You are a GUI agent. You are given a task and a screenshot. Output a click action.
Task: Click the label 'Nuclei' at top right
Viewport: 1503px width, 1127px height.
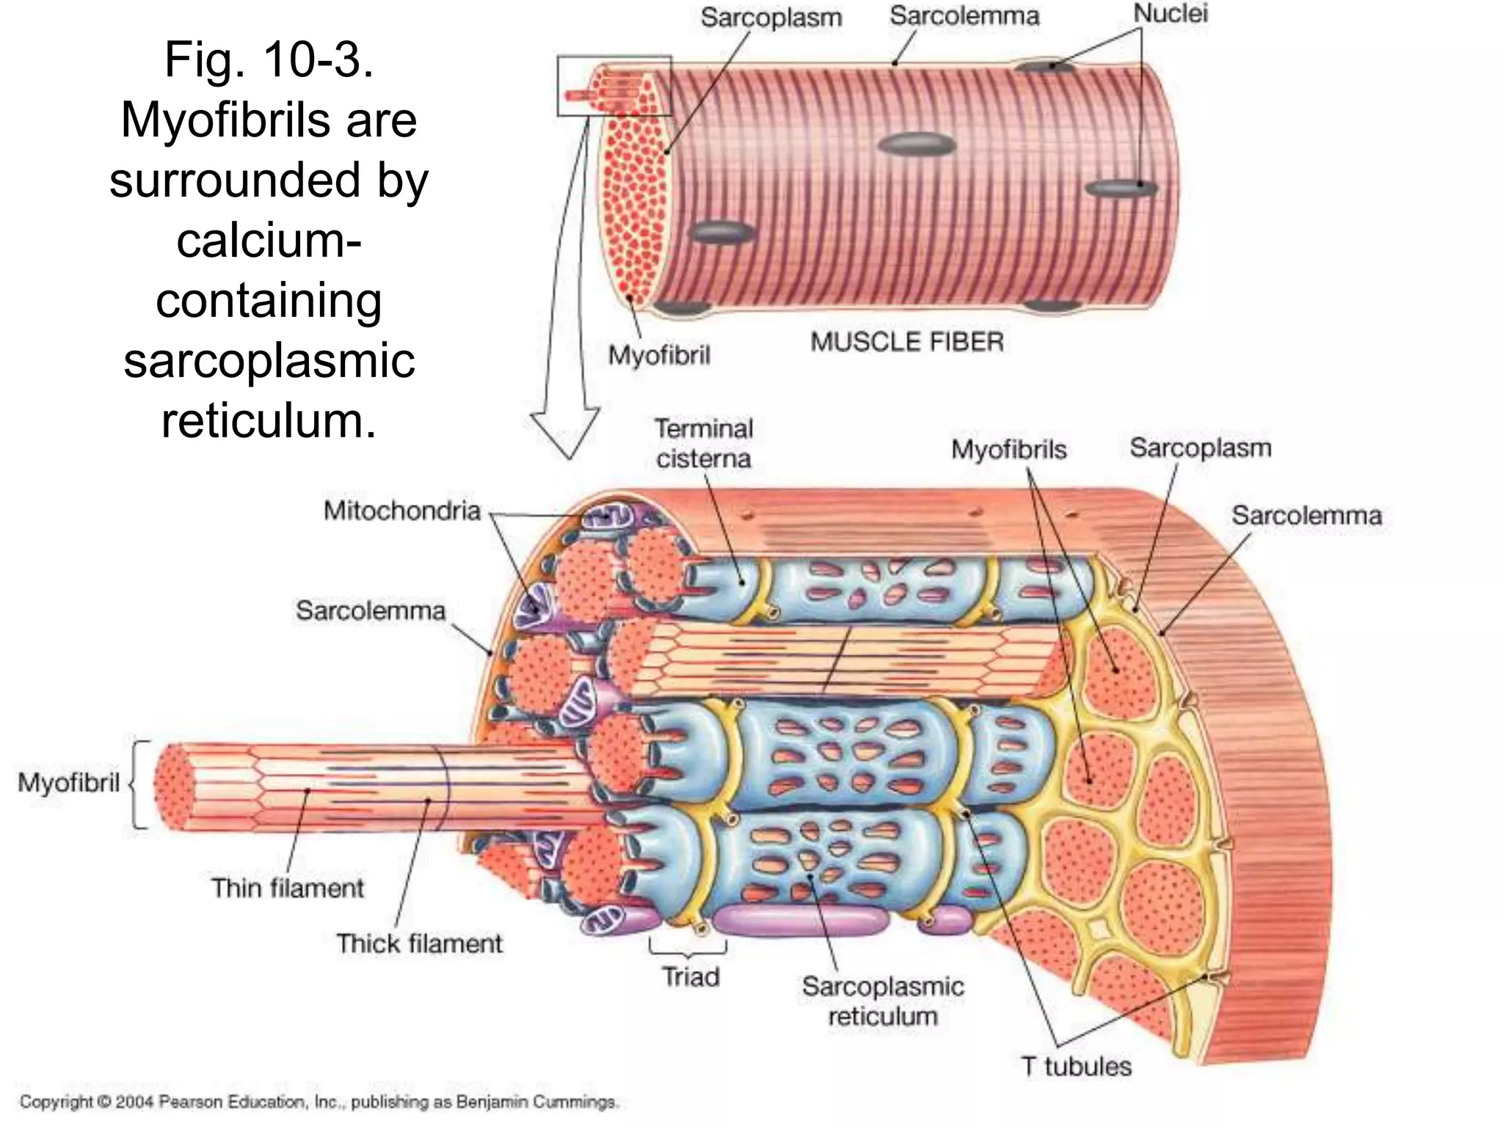pos(1170,13)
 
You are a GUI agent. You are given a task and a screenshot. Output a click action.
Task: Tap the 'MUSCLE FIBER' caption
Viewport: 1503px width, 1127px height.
pos(907,342)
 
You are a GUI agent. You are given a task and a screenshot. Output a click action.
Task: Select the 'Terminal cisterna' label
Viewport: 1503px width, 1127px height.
pos(704,443)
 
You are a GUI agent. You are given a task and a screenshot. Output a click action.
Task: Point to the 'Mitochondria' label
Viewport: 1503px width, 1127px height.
pos(401,511)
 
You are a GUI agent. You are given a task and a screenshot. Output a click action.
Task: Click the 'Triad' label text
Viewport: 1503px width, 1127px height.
pos(691,977)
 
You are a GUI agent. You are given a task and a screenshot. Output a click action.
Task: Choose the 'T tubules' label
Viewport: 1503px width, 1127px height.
pos(1077,1066)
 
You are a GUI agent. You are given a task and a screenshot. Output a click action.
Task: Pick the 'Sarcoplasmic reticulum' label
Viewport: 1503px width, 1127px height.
pos(883,1002)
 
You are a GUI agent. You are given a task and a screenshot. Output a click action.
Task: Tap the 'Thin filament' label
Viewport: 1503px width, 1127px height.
pos(288,888)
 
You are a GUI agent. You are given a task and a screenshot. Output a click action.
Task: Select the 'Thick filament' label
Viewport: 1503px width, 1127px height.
pos(419,944)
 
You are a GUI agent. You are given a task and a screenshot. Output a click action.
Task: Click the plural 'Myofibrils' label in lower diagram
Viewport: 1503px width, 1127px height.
pos(1008,449)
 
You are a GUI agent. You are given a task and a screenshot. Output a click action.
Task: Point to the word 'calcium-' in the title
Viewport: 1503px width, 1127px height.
pos(269,240)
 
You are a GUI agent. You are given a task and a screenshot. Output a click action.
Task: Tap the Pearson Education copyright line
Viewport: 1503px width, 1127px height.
pos(319,1102)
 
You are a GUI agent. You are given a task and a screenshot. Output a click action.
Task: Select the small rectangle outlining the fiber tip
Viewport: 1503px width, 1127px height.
pos(614,85)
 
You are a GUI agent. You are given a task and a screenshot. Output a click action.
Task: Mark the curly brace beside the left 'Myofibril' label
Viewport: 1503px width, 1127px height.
pos(137,784)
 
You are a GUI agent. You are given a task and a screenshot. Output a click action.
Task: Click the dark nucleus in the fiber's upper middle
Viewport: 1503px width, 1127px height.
pos(917,144)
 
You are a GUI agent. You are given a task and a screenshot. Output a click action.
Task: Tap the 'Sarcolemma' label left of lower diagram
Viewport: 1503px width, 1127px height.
pos(371,610)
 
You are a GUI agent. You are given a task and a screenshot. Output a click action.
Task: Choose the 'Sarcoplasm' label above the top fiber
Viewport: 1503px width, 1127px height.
pos(771,18)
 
